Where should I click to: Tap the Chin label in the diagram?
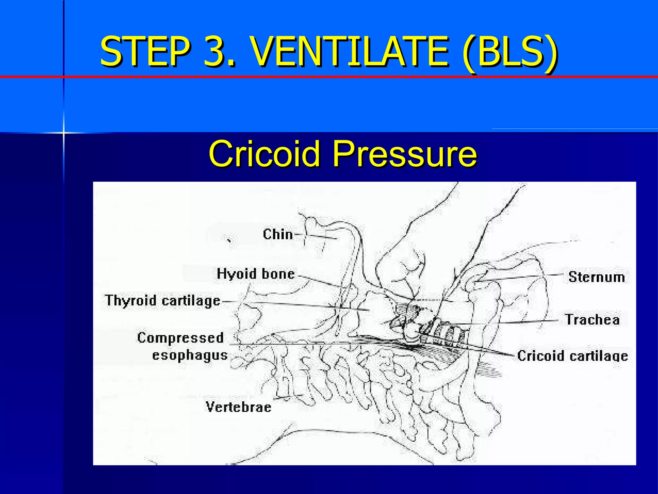tap(278, 234)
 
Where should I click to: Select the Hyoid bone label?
tap(256, 274)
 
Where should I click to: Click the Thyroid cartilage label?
tap(163, 301)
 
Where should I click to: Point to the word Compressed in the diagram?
tap(180, 338)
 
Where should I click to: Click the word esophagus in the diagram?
tap(190, 355)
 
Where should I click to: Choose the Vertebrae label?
tap(238, 407)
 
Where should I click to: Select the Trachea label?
tap(592, 320)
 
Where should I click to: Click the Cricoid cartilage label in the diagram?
tap(572, 356)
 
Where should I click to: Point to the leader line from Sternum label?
tap(520, 277)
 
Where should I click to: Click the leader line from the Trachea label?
tap(514, 322)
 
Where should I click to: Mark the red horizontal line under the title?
tap(353, 77)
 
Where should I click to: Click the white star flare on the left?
tap(64, 133)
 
